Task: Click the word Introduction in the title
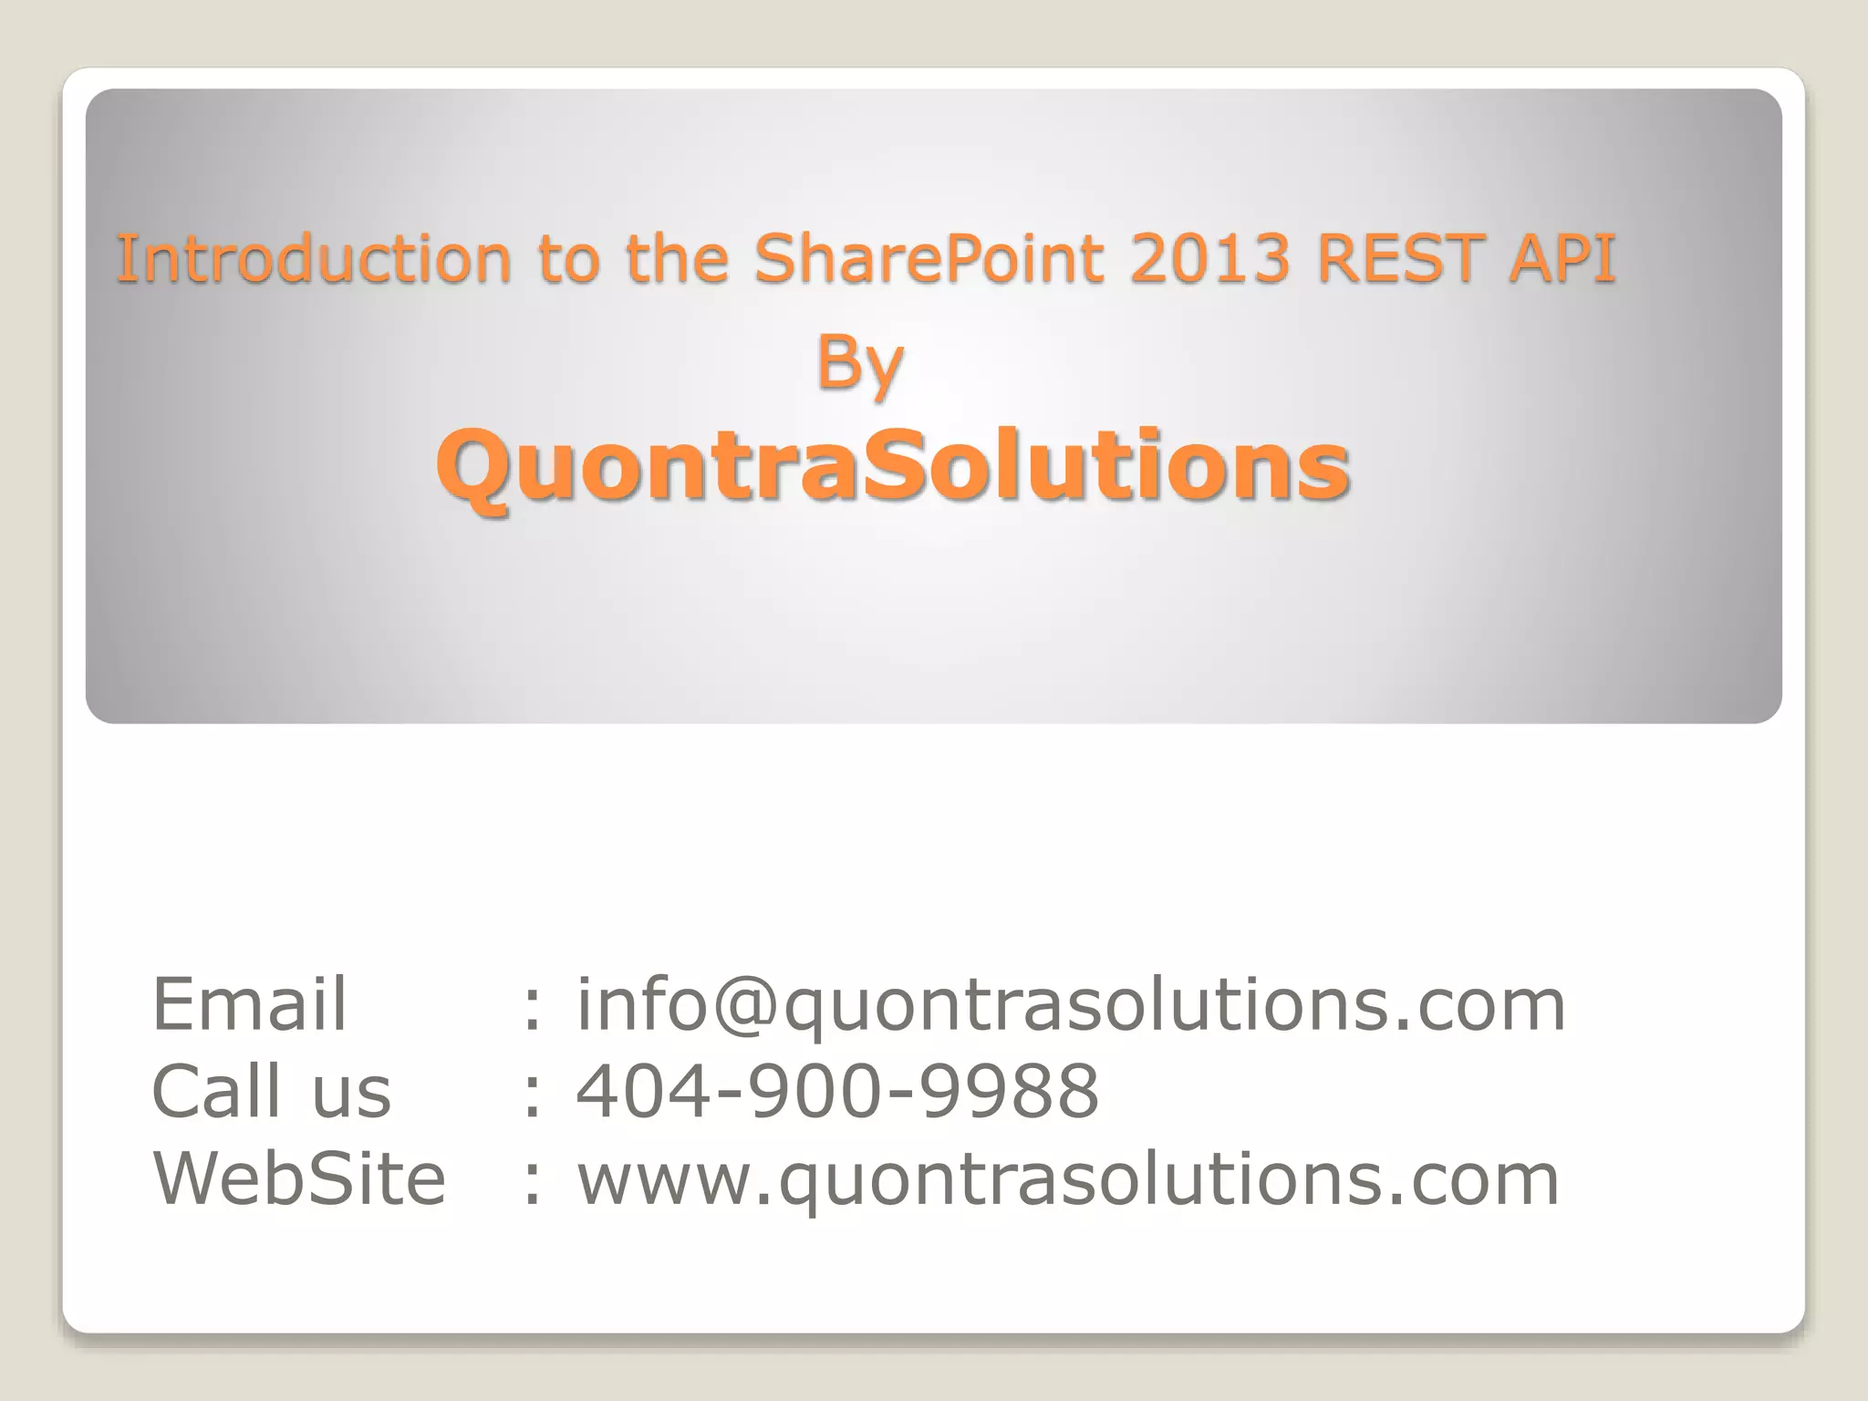(x=313, y=258)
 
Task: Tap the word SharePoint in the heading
(x=928, y=258)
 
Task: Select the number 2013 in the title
(x=1209, y=258)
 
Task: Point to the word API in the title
(x=1562, y=258)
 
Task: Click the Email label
(x=249, y=1004)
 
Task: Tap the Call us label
(x=271, y=1091)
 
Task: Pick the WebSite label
(x=299, y=1178)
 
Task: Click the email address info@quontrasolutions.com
(x=1071, y=1006)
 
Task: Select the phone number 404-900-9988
(x=837, y=1091)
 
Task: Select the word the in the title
(x=677, y=258)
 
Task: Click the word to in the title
(x=567, y=258)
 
